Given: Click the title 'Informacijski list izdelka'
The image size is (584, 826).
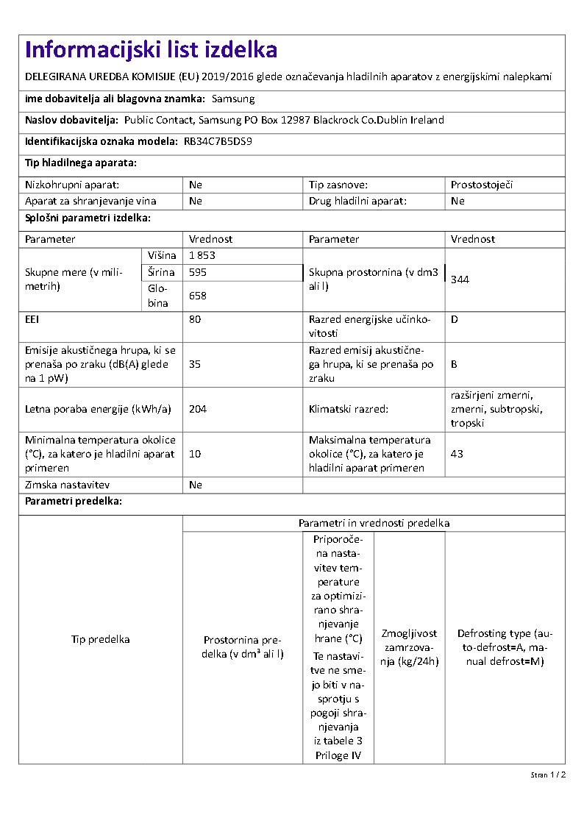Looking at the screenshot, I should tap(151, 50).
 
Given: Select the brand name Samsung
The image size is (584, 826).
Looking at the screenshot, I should tap(233, 99).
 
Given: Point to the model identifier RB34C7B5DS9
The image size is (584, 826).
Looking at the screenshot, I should tap(218, 141).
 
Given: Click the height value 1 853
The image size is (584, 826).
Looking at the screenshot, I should tap(202, 255).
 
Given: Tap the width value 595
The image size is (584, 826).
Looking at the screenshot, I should tap(198, 272).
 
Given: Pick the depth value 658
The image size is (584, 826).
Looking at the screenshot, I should tap(198, 296).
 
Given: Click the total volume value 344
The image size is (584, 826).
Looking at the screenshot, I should tap(460, 280).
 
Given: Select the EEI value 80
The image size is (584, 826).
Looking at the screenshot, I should tap(195, 320).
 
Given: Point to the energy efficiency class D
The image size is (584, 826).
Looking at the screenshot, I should tap(455, 320).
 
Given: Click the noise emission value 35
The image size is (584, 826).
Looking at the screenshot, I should tap(195, 364).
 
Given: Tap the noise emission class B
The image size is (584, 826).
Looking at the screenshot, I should tap(455, 364).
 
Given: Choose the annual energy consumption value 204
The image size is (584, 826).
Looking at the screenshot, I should tap(198, 409).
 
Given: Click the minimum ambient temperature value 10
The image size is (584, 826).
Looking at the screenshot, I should tap(195, 454).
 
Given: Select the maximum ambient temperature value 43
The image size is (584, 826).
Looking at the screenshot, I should tap(457, 454).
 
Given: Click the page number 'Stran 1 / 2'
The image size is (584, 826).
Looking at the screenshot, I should tap(548, 775).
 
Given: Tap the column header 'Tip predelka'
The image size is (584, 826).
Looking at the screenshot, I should tap(100, 639).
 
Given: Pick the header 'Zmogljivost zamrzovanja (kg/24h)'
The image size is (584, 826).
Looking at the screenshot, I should tap(409, 647).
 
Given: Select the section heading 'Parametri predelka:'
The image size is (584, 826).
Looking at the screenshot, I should tap(74, 502).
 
